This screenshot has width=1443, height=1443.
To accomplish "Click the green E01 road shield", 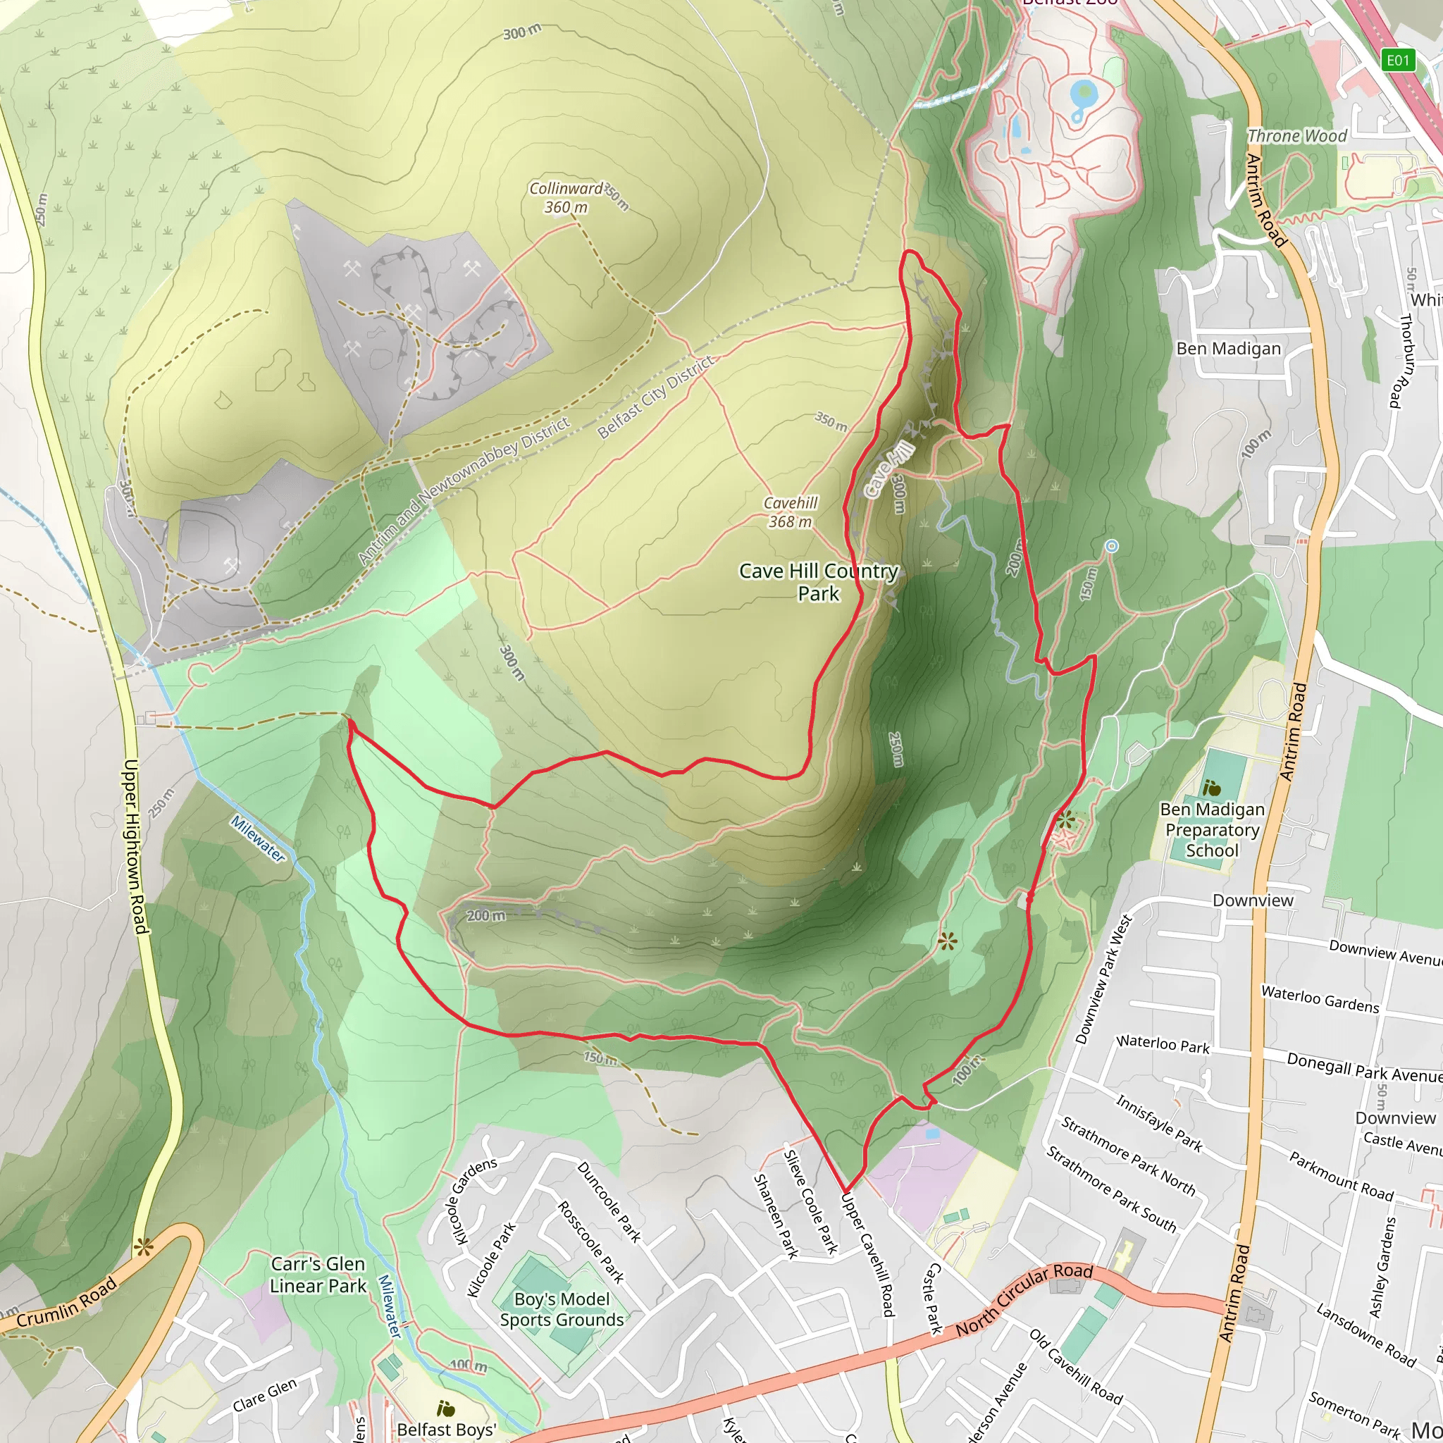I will tap(1397, 60).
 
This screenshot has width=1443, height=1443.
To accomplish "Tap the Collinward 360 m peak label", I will tap(566, 198).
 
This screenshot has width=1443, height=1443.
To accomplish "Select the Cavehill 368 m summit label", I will tap(791, 512).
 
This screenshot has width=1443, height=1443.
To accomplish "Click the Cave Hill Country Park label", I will tap(819, 582).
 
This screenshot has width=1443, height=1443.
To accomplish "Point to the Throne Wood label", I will tap(1297, 136).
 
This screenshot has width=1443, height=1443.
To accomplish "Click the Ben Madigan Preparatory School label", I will tap(1212, 830).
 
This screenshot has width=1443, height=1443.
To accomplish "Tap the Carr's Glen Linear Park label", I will tap(318, 1274).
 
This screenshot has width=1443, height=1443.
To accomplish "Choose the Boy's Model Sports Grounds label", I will tap(562, 1309).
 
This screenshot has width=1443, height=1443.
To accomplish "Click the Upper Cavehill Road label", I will tap(867, 1255).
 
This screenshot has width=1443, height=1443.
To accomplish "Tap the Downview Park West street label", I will tap(1103, 979).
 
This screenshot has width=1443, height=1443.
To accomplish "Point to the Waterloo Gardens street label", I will tap(1320, 998).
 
